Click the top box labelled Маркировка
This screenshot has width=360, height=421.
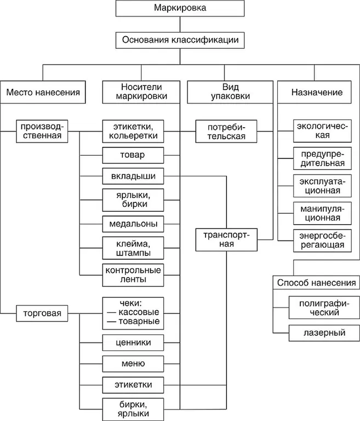click(x=180, y=9)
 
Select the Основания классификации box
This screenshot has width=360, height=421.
click(x=180, y=40)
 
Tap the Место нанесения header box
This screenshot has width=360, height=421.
click(x=43, y=93)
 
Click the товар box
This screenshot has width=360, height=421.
click(x=133, y=155)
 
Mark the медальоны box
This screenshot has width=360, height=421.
click(x=133, y=224)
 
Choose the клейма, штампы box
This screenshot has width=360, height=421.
click(x=133, y=247)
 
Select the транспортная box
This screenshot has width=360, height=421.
click(x=226, y=239)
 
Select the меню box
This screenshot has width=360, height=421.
click(x=133, y=363)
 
